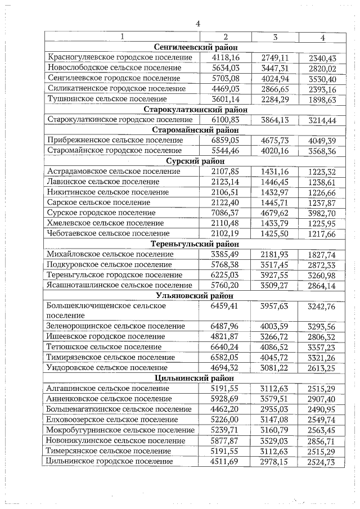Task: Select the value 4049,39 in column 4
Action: click(x=322, y=140)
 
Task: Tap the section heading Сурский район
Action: click(x=195, y=161)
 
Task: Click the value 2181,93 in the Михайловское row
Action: click(x=274, y=254)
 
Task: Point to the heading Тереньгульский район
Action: click(x=195, y=244)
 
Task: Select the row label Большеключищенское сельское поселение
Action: click(x=107, y=310)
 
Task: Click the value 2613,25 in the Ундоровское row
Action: click(x=322, y=368)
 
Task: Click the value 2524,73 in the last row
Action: click(x=322, y=462)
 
